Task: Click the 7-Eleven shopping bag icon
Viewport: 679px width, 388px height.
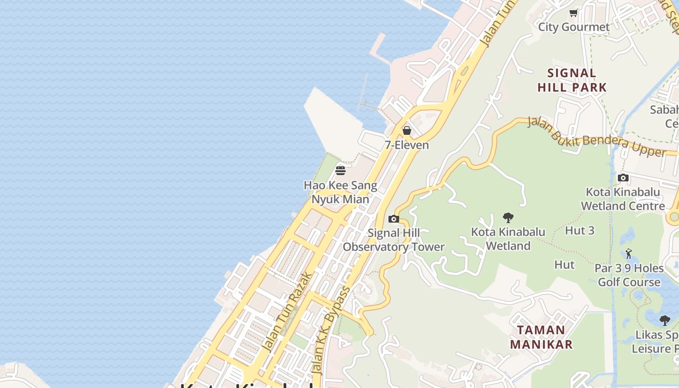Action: point(407,130)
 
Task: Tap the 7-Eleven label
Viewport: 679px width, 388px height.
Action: point(407,145)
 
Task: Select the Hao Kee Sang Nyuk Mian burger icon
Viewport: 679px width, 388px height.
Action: point(340,171)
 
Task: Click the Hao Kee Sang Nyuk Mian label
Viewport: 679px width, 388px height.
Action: point(340,192)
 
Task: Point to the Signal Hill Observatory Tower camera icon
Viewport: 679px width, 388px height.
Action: point(394,219)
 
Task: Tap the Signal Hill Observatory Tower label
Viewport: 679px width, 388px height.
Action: point(394,240)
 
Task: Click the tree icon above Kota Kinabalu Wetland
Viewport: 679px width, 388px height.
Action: point(508,217)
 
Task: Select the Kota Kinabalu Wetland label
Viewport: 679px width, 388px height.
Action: point(508,239)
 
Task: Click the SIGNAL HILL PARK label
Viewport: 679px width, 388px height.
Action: point(572,81)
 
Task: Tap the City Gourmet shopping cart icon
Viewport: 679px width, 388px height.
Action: point(574,13)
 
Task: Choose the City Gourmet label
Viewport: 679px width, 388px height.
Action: point(574,27)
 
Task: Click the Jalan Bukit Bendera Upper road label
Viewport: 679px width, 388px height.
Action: point(597,137)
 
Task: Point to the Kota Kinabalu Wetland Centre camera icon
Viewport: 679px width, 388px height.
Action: point(623,178)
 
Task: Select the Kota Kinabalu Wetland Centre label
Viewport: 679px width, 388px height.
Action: point(623,199)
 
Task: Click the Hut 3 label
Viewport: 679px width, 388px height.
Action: point(580,231)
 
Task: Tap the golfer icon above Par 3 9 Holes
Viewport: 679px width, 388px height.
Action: point(629,253)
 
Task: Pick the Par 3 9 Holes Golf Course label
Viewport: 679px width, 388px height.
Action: point(629,275)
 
